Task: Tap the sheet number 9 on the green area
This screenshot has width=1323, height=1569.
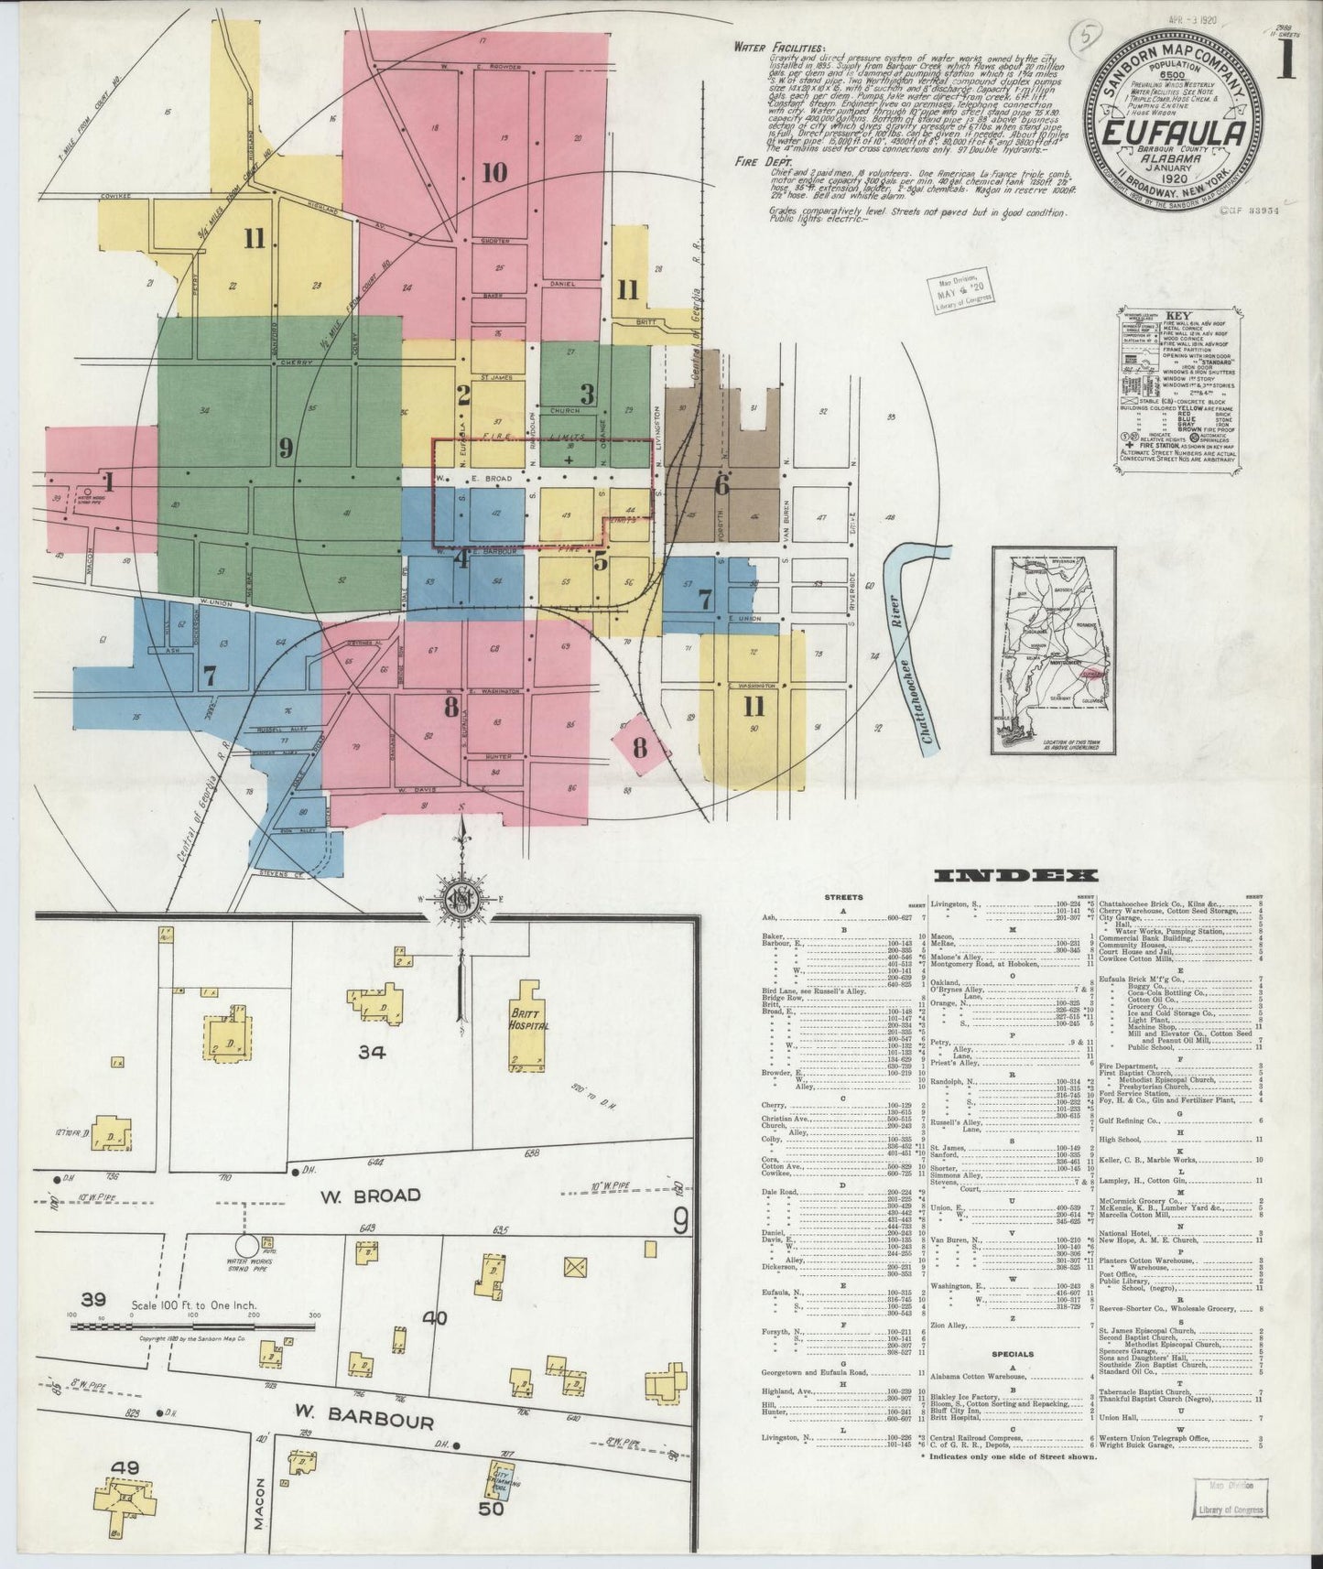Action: pyautogui.click(x=285, y=448)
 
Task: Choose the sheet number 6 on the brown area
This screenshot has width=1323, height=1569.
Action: pyautogui.click(x=721, y=485)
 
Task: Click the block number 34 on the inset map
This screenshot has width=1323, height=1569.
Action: pyautogui.click(x=371, y=1053)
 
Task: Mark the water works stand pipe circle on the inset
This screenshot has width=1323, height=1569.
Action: pyautogui.click(x=246, y=1246)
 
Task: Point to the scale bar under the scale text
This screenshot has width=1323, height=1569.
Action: pyautogui.click(x=192, y=1325)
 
